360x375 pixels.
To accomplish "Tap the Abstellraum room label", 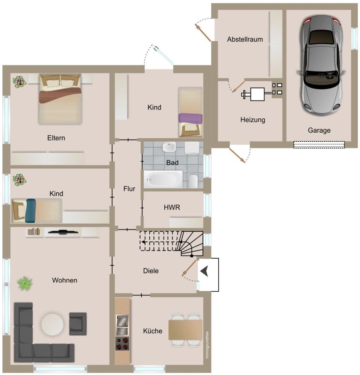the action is [x=245, y=39].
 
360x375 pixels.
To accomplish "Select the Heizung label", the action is [x=253, y=120].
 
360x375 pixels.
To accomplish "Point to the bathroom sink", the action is [x=169, y=147].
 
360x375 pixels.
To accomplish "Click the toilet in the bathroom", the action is [x=193, y=181].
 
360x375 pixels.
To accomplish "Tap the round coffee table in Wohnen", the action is [x=52, y=324].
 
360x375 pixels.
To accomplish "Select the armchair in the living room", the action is [x=78, y=324].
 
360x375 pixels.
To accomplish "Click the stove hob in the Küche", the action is [x=122, y=343].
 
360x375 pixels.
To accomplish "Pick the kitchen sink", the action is [x=122, y=325].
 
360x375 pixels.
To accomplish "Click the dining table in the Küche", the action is [x=185, y=330].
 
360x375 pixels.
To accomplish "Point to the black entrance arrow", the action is [x=204, y=272].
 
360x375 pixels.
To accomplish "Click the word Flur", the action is [x=129, y=189].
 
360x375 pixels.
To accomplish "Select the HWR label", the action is [x=172, y=207].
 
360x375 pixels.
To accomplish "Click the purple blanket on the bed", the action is [x=190, y=118].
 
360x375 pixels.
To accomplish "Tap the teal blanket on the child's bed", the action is [x=31, y=210].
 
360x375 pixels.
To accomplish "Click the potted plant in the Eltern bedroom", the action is [x=19, y=82].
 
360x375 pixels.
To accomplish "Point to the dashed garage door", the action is [x=319, y=145].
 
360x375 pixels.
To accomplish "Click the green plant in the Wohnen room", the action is [x=25, y=283].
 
